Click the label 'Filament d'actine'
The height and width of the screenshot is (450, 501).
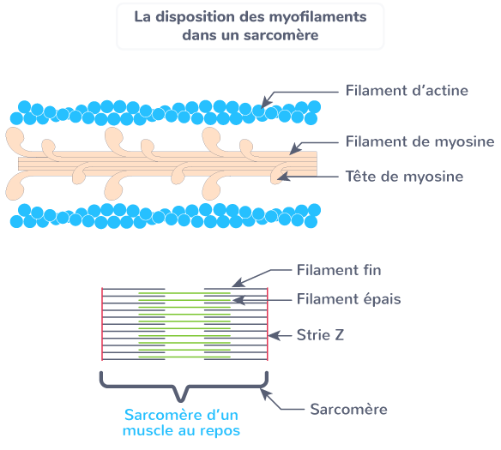(x=406, y=91)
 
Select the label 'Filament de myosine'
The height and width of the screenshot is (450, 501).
(x=420, y=141)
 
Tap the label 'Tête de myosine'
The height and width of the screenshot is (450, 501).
(x=403, y=177)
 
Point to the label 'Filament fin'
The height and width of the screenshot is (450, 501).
(x=338, y=270)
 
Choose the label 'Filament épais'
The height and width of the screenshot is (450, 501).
(x=348, y=299)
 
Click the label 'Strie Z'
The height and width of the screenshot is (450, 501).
(x=321, y=334)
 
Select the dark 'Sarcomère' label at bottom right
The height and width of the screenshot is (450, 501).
(x=347, y=409)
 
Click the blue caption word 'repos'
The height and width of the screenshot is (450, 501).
(x=218, y=430)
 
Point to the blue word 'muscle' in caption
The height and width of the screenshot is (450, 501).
(x=148, y=430)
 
